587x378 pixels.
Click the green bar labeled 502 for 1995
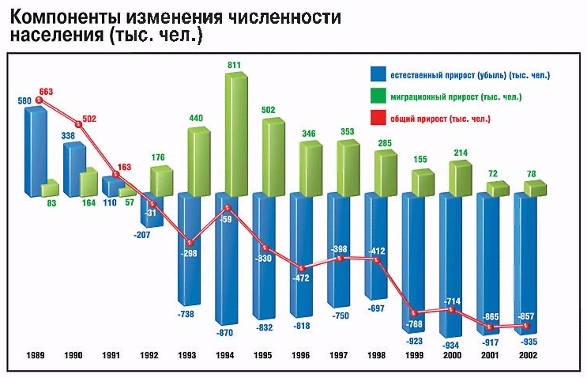(x=273, y=156)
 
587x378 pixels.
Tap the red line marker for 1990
(x=79, y=124)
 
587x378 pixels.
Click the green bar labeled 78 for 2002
(x=534, y=187)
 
